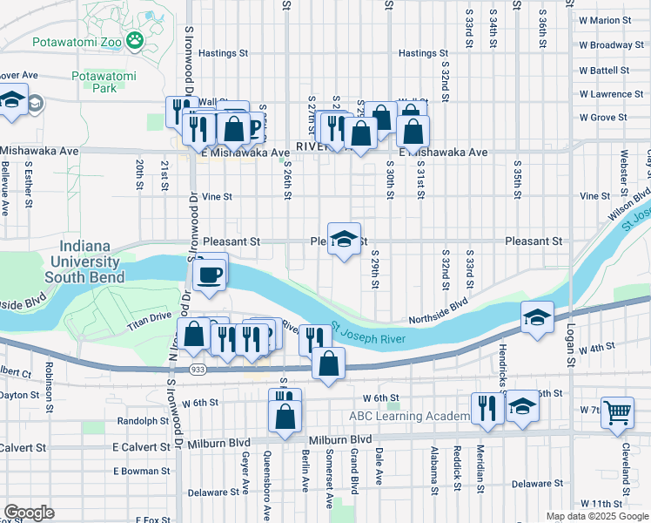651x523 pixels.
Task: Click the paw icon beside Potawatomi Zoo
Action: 135,39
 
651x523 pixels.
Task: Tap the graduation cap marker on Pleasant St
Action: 344,240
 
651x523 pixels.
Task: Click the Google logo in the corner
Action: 29,513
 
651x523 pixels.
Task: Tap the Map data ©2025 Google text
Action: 596,516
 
